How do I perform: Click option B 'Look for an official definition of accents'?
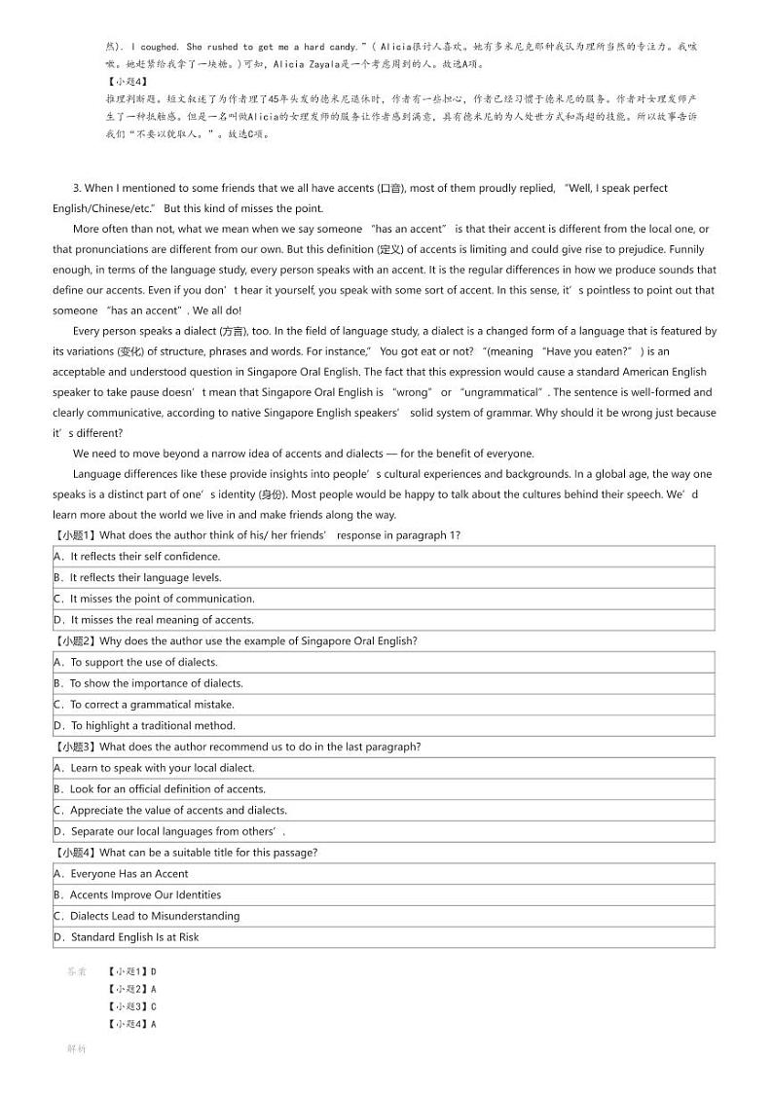tap(160, 789)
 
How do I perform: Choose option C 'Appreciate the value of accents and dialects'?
tap(170, 811)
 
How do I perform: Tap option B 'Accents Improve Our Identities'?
tap(137, 895)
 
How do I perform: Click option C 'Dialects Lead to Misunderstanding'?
tap(146, 916)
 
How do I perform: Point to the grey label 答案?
tap(77, 971)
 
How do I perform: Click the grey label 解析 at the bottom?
tap(77, 1049)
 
